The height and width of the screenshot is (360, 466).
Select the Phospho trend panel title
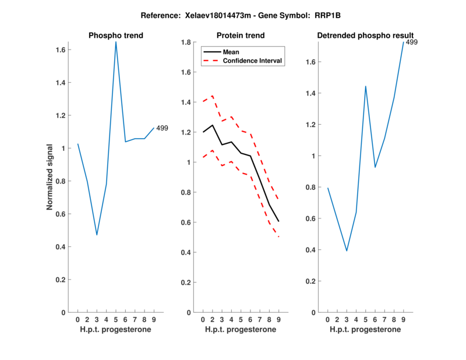(x=116, y=36)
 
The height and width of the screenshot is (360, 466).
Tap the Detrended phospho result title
(x=365, y=36)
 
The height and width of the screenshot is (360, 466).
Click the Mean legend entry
(x=231, y=52)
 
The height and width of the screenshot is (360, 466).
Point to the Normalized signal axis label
(x=51, y=177)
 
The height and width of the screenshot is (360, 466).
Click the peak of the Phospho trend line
(x=116, y=41)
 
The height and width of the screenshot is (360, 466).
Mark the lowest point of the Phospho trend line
(x=97, y=235)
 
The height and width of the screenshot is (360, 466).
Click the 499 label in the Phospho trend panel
(x=162, y=128)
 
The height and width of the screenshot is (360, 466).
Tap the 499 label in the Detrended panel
(x=412, y=42)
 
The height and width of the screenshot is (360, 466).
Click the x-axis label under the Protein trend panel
(x=241, y=330)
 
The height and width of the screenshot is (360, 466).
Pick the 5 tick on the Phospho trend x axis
(x=116, y=320)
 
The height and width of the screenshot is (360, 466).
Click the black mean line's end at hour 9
(x=278, y=221)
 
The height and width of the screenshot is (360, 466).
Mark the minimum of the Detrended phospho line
(x=347, y=250)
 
